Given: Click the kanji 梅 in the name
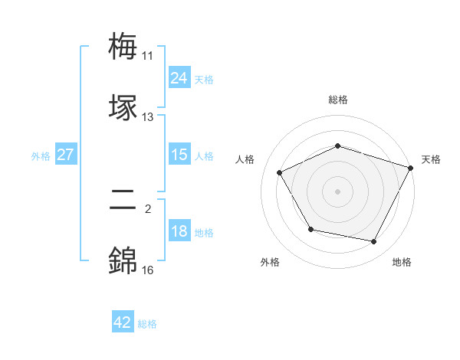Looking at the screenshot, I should (x=123, y=47).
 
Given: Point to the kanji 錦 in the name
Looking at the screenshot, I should (x=123, y=260).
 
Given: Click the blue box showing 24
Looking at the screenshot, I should (x=179, y=77).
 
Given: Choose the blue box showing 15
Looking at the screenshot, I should (x=179, y=155).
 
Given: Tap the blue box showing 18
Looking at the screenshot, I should (x=179, y=231).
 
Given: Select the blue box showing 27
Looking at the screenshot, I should (x=65, y=155).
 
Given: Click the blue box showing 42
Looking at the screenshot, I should (x=123, y=322).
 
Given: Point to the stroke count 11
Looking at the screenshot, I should (x=147, y=56).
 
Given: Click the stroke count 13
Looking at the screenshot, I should (x=147, y=117).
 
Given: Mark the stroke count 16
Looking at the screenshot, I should (x=147, y=270).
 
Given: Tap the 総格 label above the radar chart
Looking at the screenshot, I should (x=338, y=100).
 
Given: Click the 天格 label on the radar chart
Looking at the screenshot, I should (x=431, y=159).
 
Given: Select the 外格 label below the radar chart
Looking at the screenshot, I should (x=270, y=262).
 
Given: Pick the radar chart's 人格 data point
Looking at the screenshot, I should (x=280, y=172).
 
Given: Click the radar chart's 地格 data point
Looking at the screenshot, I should (x=374, y=242).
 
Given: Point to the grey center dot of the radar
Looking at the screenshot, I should (x=338, y=191).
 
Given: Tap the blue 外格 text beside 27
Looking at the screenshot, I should (x=41, y=155).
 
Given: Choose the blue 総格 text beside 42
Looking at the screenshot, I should (x=147, y=324).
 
